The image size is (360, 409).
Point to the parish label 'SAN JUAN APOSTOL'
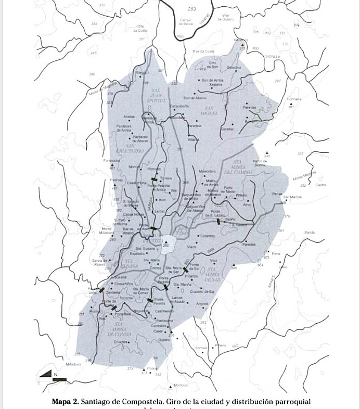pyautogui.click(x=155, y=96)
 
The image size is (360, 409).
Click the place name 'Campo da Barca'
pyautogui.click(x=186, y=21)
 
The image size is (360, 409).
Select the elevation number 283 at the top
pyautogui.click(x=192, y=9)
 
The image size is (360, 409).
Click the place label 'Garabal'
pyautogui.click(x=227, y=127)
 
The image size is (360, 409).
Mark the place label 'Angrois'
pyautogui.click(x=202, y=304)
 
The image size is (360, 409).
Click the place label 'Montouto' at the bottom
pyautogui.click(x=181, y=385)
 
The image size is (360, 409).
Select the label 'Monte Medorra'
pyautogui.click(x=305, y=176)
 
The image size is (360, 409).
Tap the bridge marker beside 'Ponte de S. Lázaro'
pyautogui.click(x=218, y=221)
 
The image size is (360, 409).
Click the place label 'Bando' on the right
pyautogui.click(x=309, y=232)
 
